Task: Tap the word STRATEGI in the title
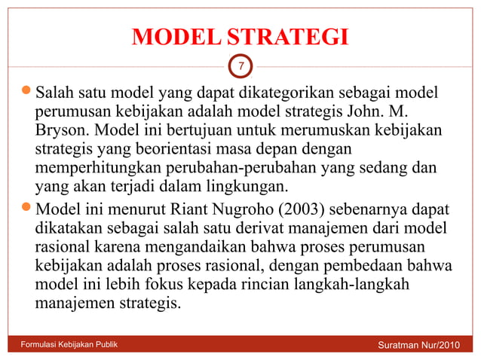289,36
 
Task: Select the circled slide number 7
240,67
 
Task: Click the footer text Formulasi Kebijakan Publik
69,345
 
